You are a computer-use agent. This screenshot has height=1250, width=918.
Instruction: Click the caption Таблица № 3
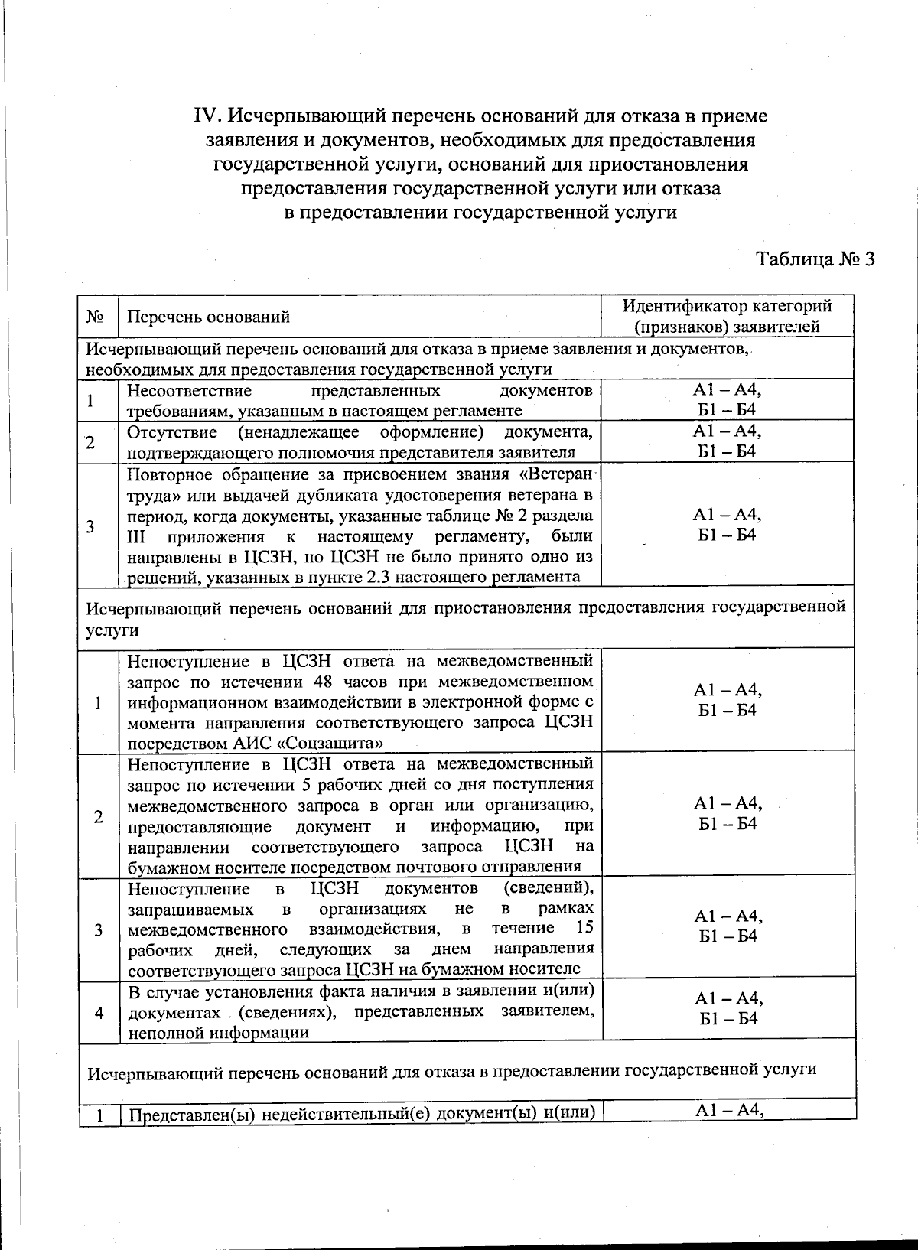pos(815,259)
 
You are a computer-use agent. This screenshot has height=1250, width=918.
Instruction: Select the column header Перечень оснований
pos(208,317)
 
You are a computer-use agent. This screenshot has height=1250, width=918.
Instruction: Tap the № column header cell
pos(96,317)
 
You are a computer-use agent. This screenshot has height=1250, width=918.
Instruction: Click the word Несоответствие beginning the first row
pos(189,391)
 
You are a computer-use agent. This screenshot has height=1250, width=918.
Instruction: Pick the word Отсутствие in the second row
pos(176,432)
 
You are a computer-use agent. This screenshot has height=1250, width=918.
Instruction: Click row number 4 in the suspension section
pos(99,1012)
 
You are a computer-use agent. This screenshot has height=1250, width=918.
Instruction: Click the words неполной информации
pos(218,1032)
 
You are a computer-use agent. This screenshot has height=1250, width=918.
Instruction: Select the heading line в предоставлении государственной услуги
pos(480,212)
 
